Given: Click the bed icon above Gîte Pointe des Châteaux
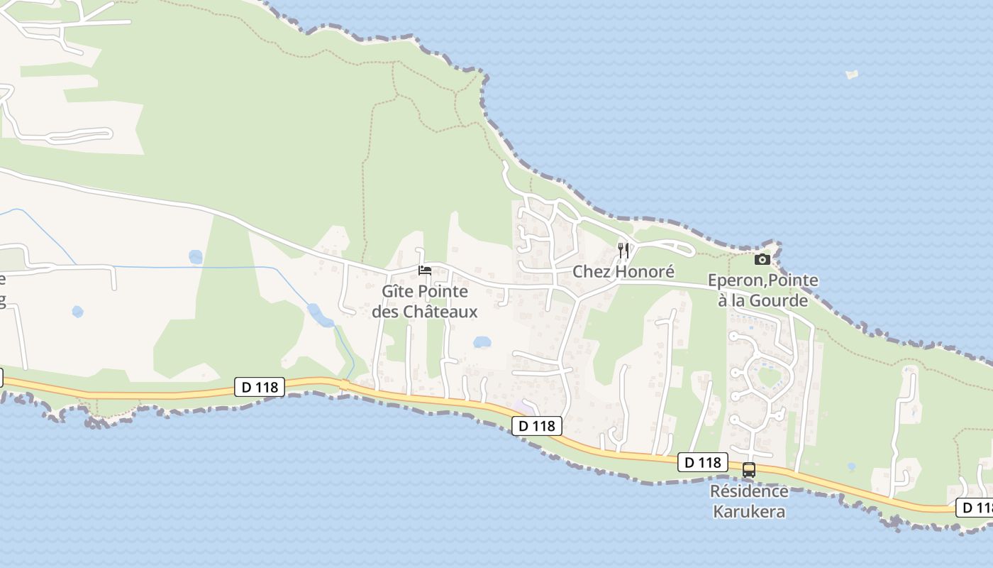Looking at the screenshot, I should (x=425, y=271).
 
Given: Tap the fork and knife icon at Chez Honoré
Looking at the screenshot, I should (x=623, y=250).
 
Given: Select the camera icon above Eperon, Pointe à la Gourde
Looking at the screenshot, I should (x=762, y=260).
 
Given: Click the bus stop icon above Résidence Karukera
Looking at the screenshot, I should (x=749, y=470).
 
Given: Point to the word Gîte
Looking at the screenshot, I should (x=398, y=292).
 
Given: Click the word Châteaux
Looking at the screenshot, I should (x=440, y=312).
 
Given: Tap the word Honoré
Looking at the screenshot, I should (x=645, y=272).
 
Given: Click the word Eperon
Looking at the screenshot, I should (x=733, y=281).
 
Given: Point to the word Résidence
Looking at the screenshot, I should (x=749, y=491).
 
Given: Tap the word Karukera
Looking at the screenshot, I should (x=749, y=511).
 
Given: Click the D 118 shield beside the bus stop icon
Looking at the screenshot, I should (x=702, y=462).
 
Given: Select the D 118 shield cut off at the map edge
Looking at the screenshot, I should (x=976, y=508).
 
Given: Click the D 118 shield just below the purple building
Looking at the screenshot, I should (x=537, y=426).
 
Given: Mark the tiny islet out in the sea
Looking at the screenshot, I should (x=852, y=74).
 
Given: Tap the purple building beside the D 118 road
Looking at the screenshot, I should (x=524, y=408).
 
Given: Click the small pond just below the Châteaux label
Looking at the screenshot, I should (x=482, y=342).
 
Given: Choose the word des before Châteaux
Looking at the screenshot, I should (x=386, y=312).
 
